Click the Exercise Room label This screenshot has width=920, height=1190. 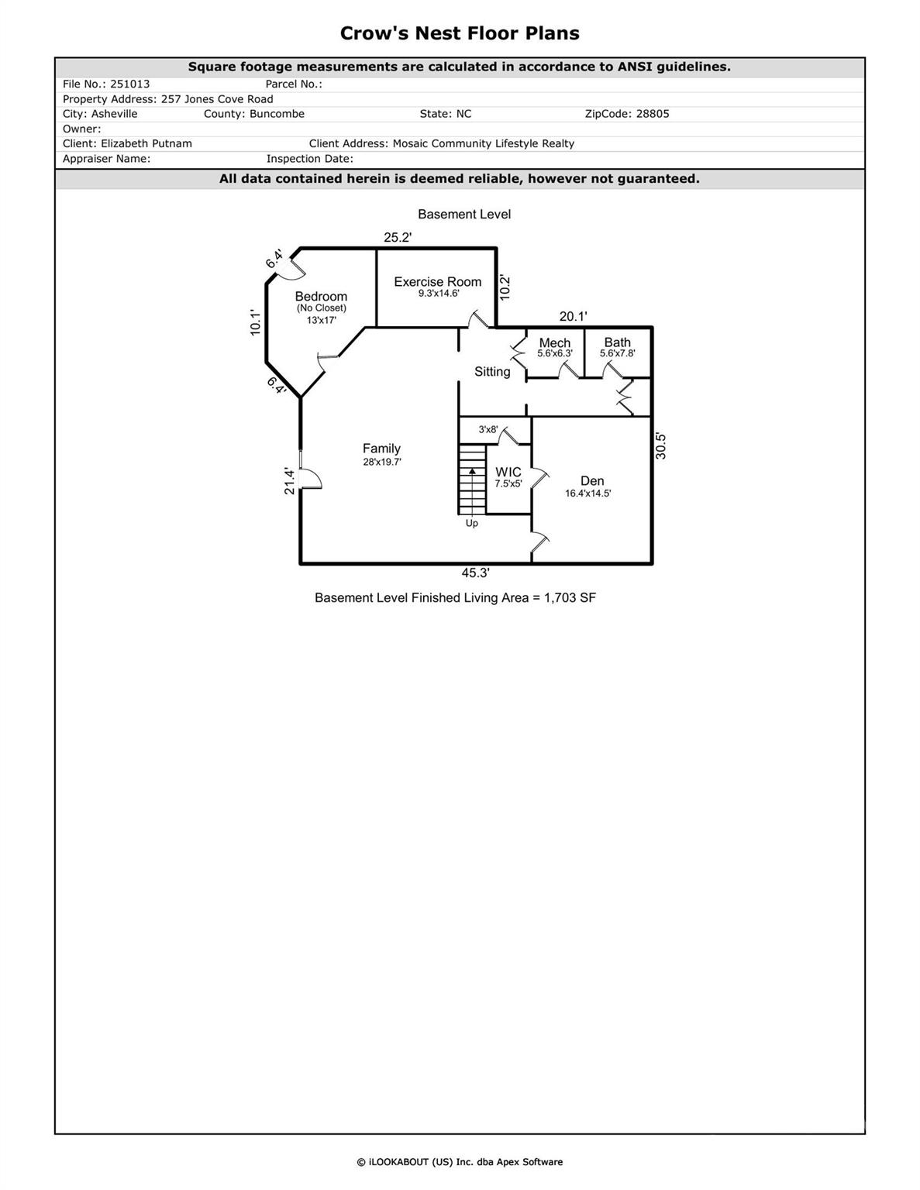pyautogui.click(x=437, y=282)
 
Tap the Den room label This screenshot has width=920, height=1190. pyautogui.click(x=592, y=481)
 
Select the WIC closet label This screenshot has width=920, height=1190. pyautogui.click(x=508, y=472)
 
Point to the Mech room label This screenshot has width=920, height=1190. pyautogui.click(x=555, y=342)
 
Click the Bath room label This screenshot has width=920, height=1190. pyautogui.click(x=618, y=342)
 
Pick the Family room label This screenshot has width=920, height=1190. pyautogui.click(x=381, y=449)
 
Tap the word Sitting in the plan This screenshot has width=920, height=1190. pyautogui.click(x=492, y=372)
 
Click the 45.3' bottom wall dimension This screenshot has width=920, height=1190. pyautogui.click(x=475, y=573)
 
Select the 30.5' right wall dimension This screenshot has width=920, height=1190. pyautogui.click(x=661, y=446)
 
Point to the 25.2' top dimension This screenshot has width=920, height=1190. pyautogui.click(x=398, y=238)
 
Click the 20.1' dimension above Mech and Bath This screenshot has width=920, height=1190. pyautogui.click(x=574, y=316)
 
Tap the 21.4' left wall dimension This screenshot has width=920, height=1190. pyautogui.click(x=290, y=481)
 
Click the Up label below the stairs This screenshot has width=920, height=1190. pyautogui.click(x=472, y=523)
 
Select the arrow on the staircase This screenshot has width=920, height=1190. pyautogui.click(x=472, y=470)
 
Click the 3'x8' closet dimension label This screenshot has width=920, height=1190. pyautogui.click(x=488, y=429)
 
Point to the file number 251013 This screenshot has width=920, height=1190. pyautogui.click(x=130, y=84)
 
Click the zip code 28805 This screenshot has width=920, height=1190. pyautogui.click(x=653, y=114)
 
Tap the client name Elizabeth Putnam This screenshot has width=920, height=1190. pyautogui.click(x=146, y=143)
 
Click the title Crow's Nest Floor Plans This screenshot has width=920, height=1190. pyautogui.click(x=460, y=33)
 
